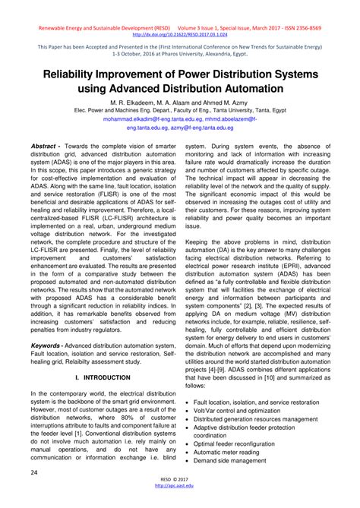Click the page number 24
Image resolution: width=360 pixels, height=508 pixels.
[35, 472]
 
